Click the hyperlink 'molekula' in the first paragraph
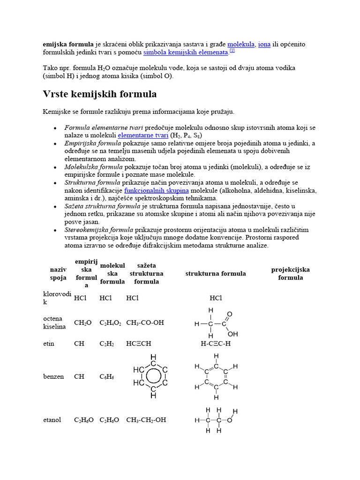241,44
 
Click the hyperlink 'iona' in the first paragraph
264,44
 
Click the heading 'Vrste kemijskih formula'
100,94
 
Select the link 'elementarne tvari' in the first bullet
143,135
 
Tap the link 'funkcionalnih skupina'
156,191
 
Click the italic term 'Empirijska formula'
92,143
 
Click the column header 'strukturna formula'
215,274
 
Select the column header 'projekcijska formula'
290,274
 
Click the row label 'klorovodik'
54,298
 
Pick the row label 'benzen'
54,376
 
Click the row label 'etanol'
52,420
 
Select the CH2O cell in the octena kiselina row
82,322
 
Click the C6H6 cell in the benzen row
107,376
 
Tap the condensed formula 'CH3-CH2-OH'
146,420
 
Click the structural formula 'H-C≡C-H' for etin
216,344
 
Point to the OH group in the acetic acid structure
232,334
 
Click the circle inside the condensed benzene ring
153,376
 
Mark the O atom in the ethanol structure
229,420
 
